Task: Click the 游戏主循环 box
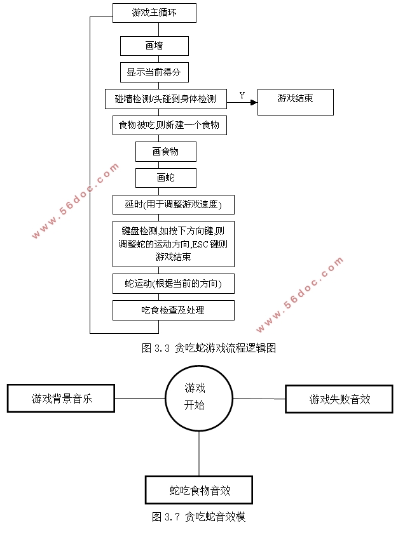coord(154,13)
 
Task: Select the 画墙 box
coord(154,46)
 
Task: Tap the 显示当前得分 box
coord(154,72)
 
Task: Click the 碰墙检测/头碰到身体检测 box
coord(165,99)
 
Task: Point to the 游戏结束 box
coord(295,102)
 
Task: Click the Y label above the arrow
coord(242,95)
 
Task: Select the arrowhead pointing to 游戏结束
coord(254,102)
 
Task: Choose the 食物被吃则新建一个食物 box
coord(168,125)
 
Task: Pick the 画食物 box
coord(165,152)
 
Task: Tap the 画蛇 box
coord(165,178)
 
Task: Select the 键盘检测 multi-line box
coord(173,244)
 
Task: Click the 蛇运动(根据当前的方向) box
coord(173,284)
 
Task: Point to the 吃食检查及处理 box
coord(173,310)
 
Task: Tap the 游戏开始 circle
coord(199,398)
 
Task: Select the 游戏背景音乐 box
coord(61,399)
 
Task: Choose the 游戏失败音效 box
coord(340,399)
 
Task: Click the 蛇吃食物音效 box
coord(199,490)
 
